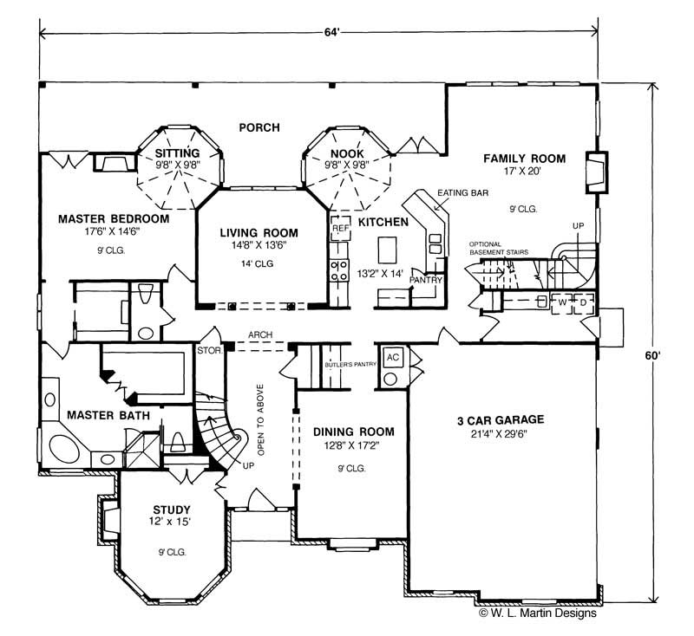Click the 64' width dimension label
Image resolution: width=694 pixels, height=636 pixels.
(332, 33)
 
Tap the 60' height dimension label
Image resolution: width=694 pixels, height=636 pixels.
(663, 355)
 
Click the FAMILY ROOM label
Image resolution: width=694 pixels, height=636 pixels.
(524, 159)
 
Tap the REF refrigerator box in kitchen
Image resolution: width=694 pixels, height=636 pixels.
(339, 228)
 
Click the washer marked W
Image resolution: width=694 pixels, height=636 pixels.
(562, 302)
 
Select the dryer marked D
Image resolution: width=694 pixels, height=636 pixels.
(582, 302)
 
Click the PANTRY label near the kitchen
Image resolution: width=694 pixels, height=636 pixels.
(427, 281)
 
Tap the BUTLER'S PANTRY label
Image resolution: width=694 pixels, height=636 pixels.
(350, 365)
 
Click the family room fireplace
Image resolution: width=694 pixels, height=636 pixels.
(594, 172)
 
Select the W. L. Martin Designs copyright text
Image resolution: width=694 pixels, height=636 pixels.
(537, 613)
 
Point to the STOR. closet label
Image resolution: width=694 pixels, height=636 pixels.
(212, 350)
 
